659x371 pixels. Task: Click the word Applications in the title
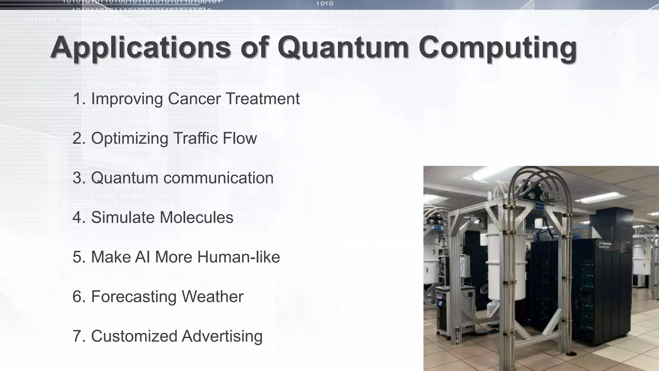140,48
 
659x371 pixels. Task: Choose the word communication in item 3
218,178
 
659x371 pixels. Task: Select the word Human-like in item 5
238,257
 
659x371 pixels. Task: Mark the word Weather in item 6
212,297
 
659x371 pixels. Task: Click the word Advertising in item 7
222,336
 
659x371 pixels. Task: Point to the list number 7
78,336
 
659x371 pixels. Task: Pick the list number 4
78,217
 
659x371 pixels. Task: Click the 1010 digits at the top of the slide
324,4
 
